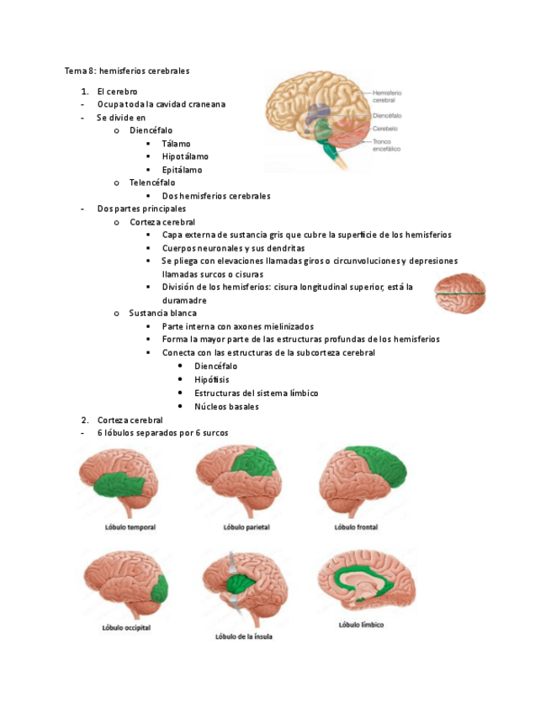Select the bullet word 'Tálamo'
coord(176,143)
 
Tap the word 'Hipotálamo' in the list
coord(185,156)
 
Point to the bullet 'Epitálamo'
coord(182,170)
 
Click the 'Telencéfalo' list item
coord(152,182)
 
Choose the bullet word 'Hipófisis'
coord(211,379)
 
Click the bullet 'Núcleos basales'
coord(226,406)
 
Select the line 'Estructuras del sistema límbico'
coord(256,393)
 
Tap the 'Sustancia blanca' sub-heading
coord(162,313)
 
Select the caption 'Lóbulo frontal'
coord(356,528)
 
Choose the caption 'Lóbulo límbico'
coord(359,625)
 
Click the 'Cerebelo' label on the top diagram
coord(385,129)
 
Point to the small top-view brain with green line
coord(460,293)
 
